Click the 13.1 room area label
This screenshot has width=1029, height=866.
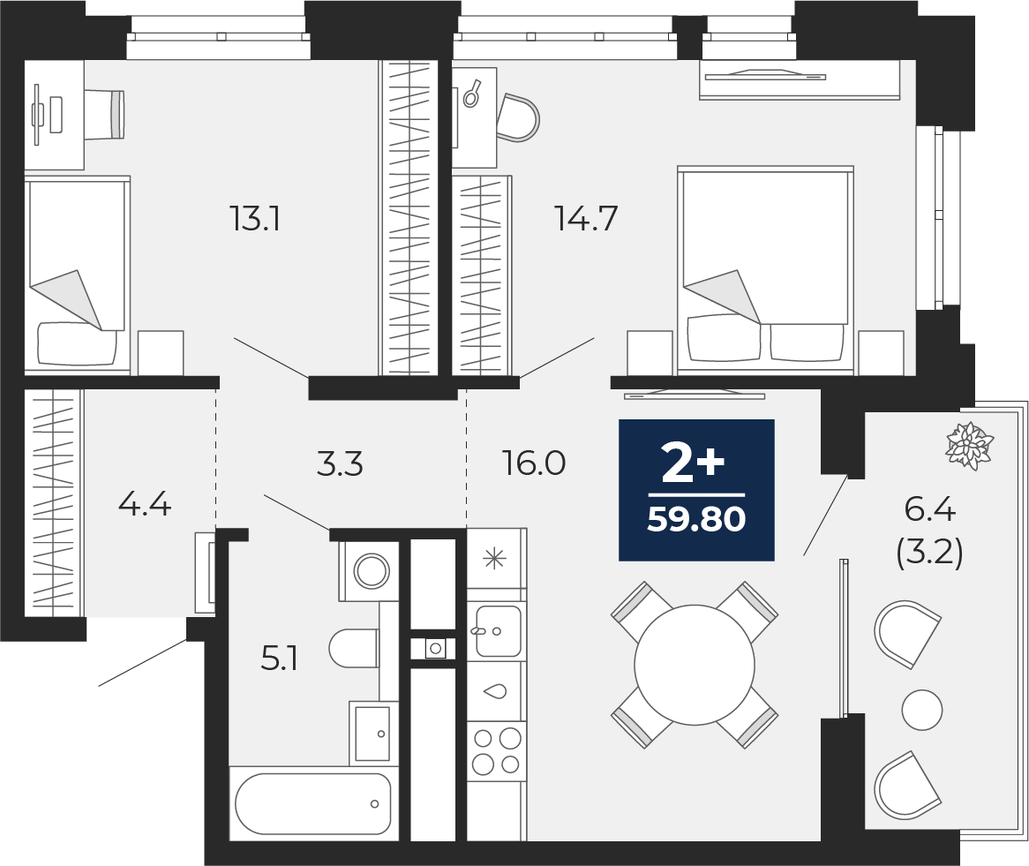[x=255, y=218]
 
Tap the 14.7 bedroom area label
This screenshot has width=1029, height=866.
[x=587, y=218]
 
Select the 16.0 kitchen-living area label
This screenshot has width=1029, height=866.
[x=534, y=463]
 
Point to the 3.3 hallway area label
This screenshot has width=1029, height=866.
[x=339, y=463]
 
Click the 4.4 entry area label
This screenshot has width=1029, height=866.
[x=145, y=505]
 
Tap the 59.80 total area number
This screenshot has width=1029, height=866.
[x=696, y=519]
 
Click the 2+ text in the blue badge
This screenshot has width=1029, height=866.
[x=693, y=463]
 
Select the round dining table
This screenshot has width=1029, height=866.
[x=695, y=665]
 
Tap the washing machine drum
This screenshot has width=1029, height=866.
[x=371, y=570]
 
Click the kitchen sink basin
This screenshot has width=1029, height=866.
[x=498, y=631]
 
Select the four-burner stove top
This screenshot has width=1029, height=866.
[x=497, y=751]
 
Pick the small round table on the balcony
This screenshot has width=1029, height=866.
[x=922, y=710]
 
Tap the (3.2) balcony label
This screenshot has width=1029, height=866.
[x=930, y=554]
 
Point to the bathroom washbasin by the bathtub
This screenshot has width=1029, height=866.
[x=372, y=732]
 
